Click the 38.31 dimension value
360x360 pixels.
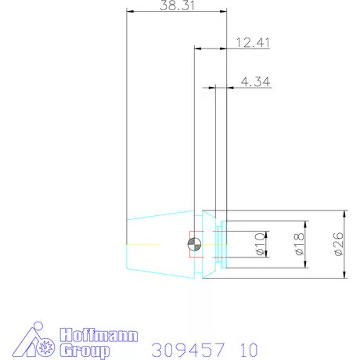click(x=177, y=5)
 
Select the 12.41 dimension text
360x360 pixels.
click(x=251, y=43)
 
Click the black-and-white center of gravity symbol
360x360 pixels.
click(x=194, y=246)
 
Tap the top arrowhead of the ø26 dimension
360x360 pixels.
click(x=345, y=214)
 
